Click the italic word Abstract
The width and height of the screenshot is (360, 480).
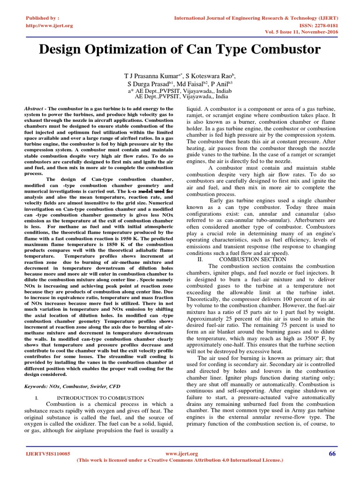pos(35,108)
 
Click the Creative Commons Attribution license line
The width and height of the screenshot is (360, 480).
pos(180,460)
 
